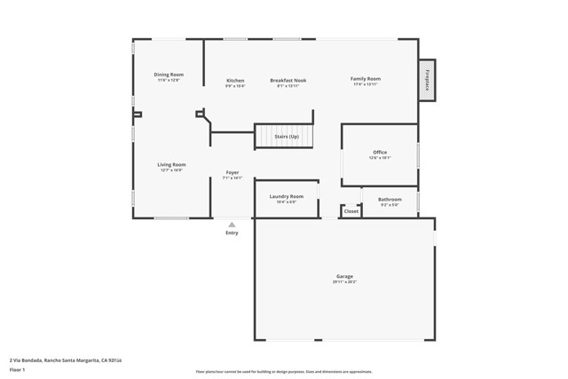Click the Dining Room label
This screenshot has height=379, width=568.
168,75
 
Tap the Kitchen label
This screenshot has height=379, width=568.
235,80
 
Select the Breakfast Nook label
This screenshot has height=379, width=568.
288,80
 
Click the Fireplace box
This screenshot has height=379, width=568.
427,81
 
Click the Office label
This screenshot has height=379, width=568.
380,153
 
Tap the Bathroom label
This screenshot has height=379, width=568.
390,200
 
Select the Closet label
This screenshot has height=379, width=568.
351,211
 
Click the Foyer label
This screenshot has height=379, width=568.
233,172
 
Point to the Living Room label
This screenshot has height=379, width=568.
172,164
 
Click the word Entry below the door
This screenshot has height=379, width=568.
232,233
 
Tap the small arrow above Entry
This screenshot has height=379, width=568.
232,225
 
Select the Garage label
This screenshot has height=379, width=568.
344,276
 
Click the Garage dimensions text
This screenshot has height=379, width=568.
344,282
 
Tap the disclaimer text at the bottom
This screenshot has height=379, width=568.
283,372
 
